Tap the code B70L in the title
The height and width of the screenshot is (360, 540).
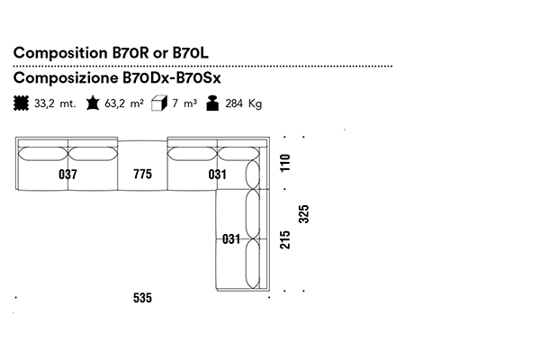point(197,53)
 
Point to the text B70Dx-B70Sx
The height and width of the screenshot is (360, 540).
point(171,79)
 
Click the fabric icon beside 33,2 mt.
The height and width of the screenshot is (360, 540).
point(21,103)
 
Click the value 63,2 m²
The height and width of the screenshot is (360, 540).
point(124,103)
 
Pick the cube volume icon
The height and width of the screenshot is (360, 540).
point(159,103)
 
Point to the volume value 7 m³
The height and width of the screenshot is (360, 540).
point(184,103)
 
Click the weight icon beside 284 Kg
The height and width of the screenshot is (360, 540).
point(212,103)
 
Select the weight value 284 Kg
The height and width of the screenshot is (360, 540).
point(244,103)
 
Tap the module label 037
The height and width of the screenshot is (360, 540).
point(67,175)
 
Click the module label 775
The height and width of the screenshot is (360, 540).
point(142,175)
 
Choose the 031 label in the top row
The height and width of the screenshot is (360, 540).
point(217,175)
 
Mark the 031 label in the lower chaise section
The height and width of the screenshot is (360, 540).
point(230,239)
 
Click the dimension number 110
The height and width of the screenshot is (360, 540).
point(286,164)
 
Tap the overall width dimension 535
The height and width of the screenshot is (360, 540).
point(142,298)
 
